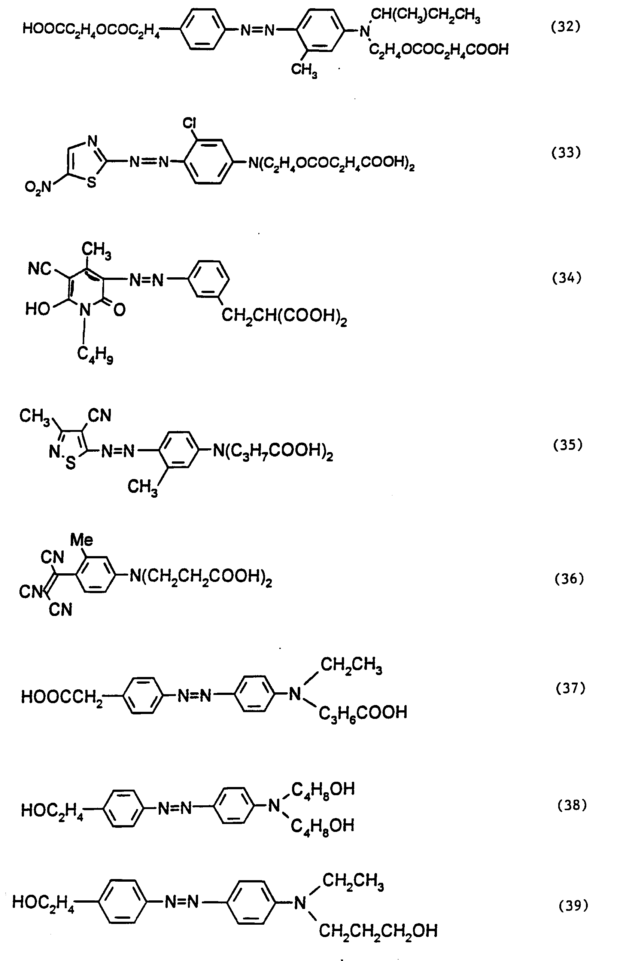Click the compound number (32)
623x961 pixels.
tap(566, 27)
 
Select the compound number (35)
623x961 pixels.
tap(568, 445)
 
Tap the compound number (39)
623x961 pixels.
tap(573, 906)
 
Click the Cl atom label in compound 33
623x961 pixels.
tap(189, 123)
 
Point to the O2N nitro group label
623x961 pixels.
tap(39, 187)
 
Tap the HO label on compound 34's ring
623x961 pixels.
tap(37, 309)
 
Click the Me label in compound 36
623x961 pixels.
tap(82, 540)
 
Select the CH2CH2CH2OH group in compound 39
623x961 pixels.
tap(378, 931)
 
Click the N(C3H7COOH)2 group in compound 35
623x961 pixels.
tap(273, 451)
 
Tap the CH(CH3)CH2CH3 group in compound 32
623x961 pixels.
tap(425, 16)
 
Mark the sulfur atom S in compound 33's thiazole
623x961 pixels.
tap(92, 183)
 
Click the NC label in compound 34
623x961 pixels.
tap(40, 268)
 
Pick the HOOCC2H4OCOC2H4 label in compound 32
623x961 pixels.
tap(91, 30)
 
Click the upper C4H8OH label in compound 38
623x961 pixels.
tap(323, 789)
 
